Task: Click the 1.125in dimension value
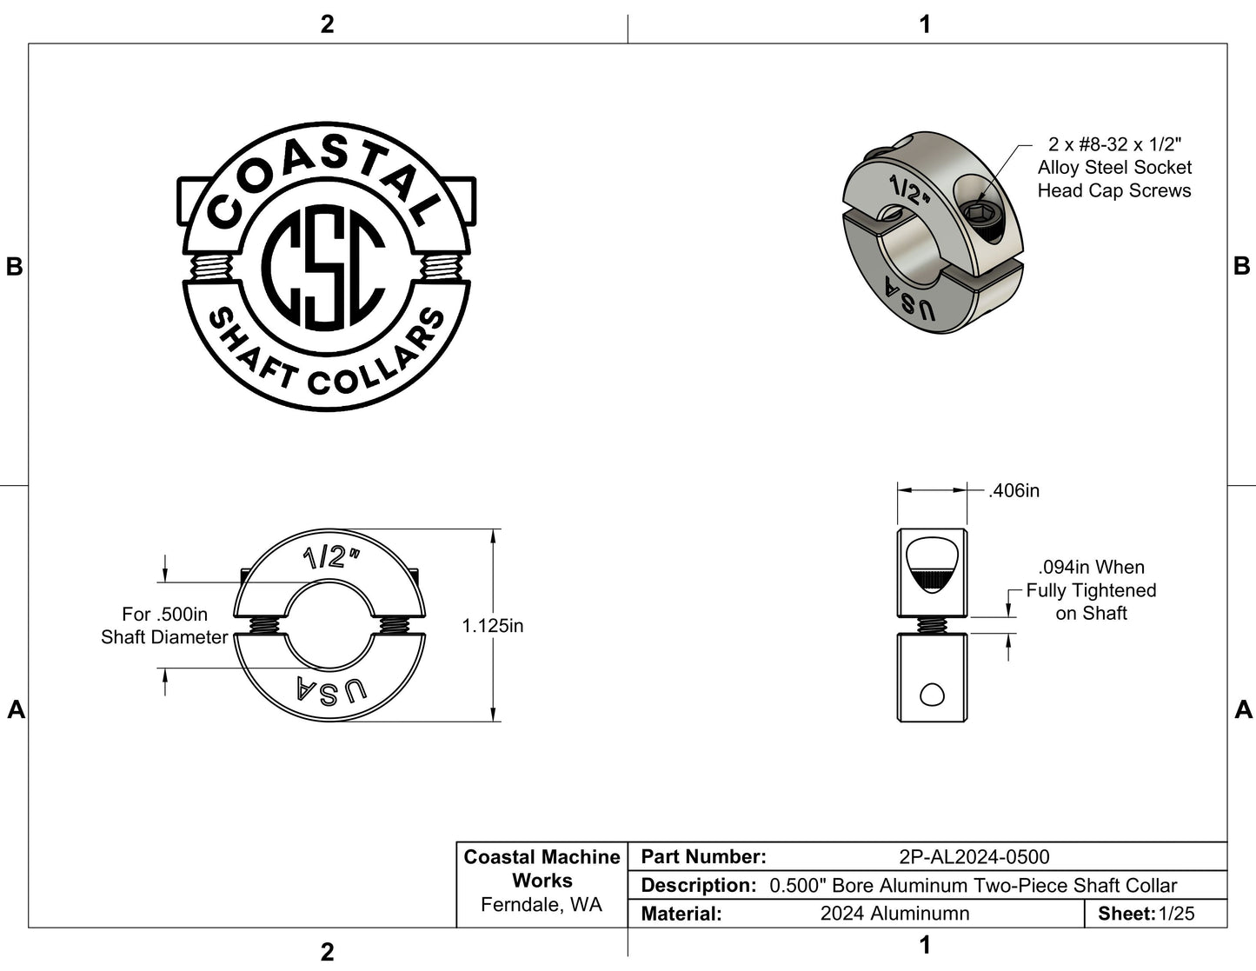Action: pyautogui.click(x=492, y=626)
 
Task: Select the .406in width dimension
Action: pyautogui.click(x=1013, y=491)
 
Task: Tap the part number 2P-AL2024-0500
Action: pyautogui.click(x=974, y=857)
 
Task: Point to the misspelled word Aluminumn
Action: pyautogui.click(x=894, y=914)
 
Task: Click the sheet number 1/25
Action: pyautogui.click(x=1177, y=914)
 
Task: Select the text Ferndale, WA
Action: pyautogui.click(x=541, y=905)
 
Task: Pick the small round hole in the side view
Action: pyautogui.click(x=932, y=695)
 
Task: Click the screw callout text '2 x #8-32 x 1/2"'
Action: pyautogui.click(x=1114, y=144)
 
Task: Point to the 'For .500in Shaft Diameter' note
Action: pyautogui.click(x=164, y=626)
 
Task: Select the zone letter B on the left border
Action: pyautogui.click(x=14, y=267)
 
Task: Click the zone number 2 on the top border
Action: pyautogui.click(x=327, y=24)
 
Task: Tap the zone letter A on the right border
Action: pyautogui.click(x=1243, y=710)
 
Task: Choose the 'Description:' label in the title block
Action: pyautogui.click(x=698, y=886)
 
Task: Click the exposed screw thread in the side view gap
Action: pyautogui.click(x=932, y=625)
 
